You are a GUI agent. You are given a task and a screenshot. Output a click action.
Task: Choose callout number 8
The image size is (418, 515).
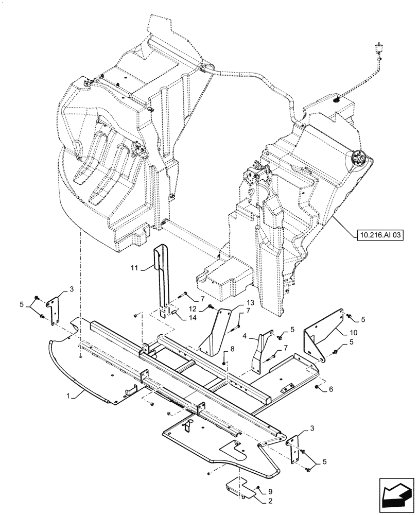click(x=233, y=350)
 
